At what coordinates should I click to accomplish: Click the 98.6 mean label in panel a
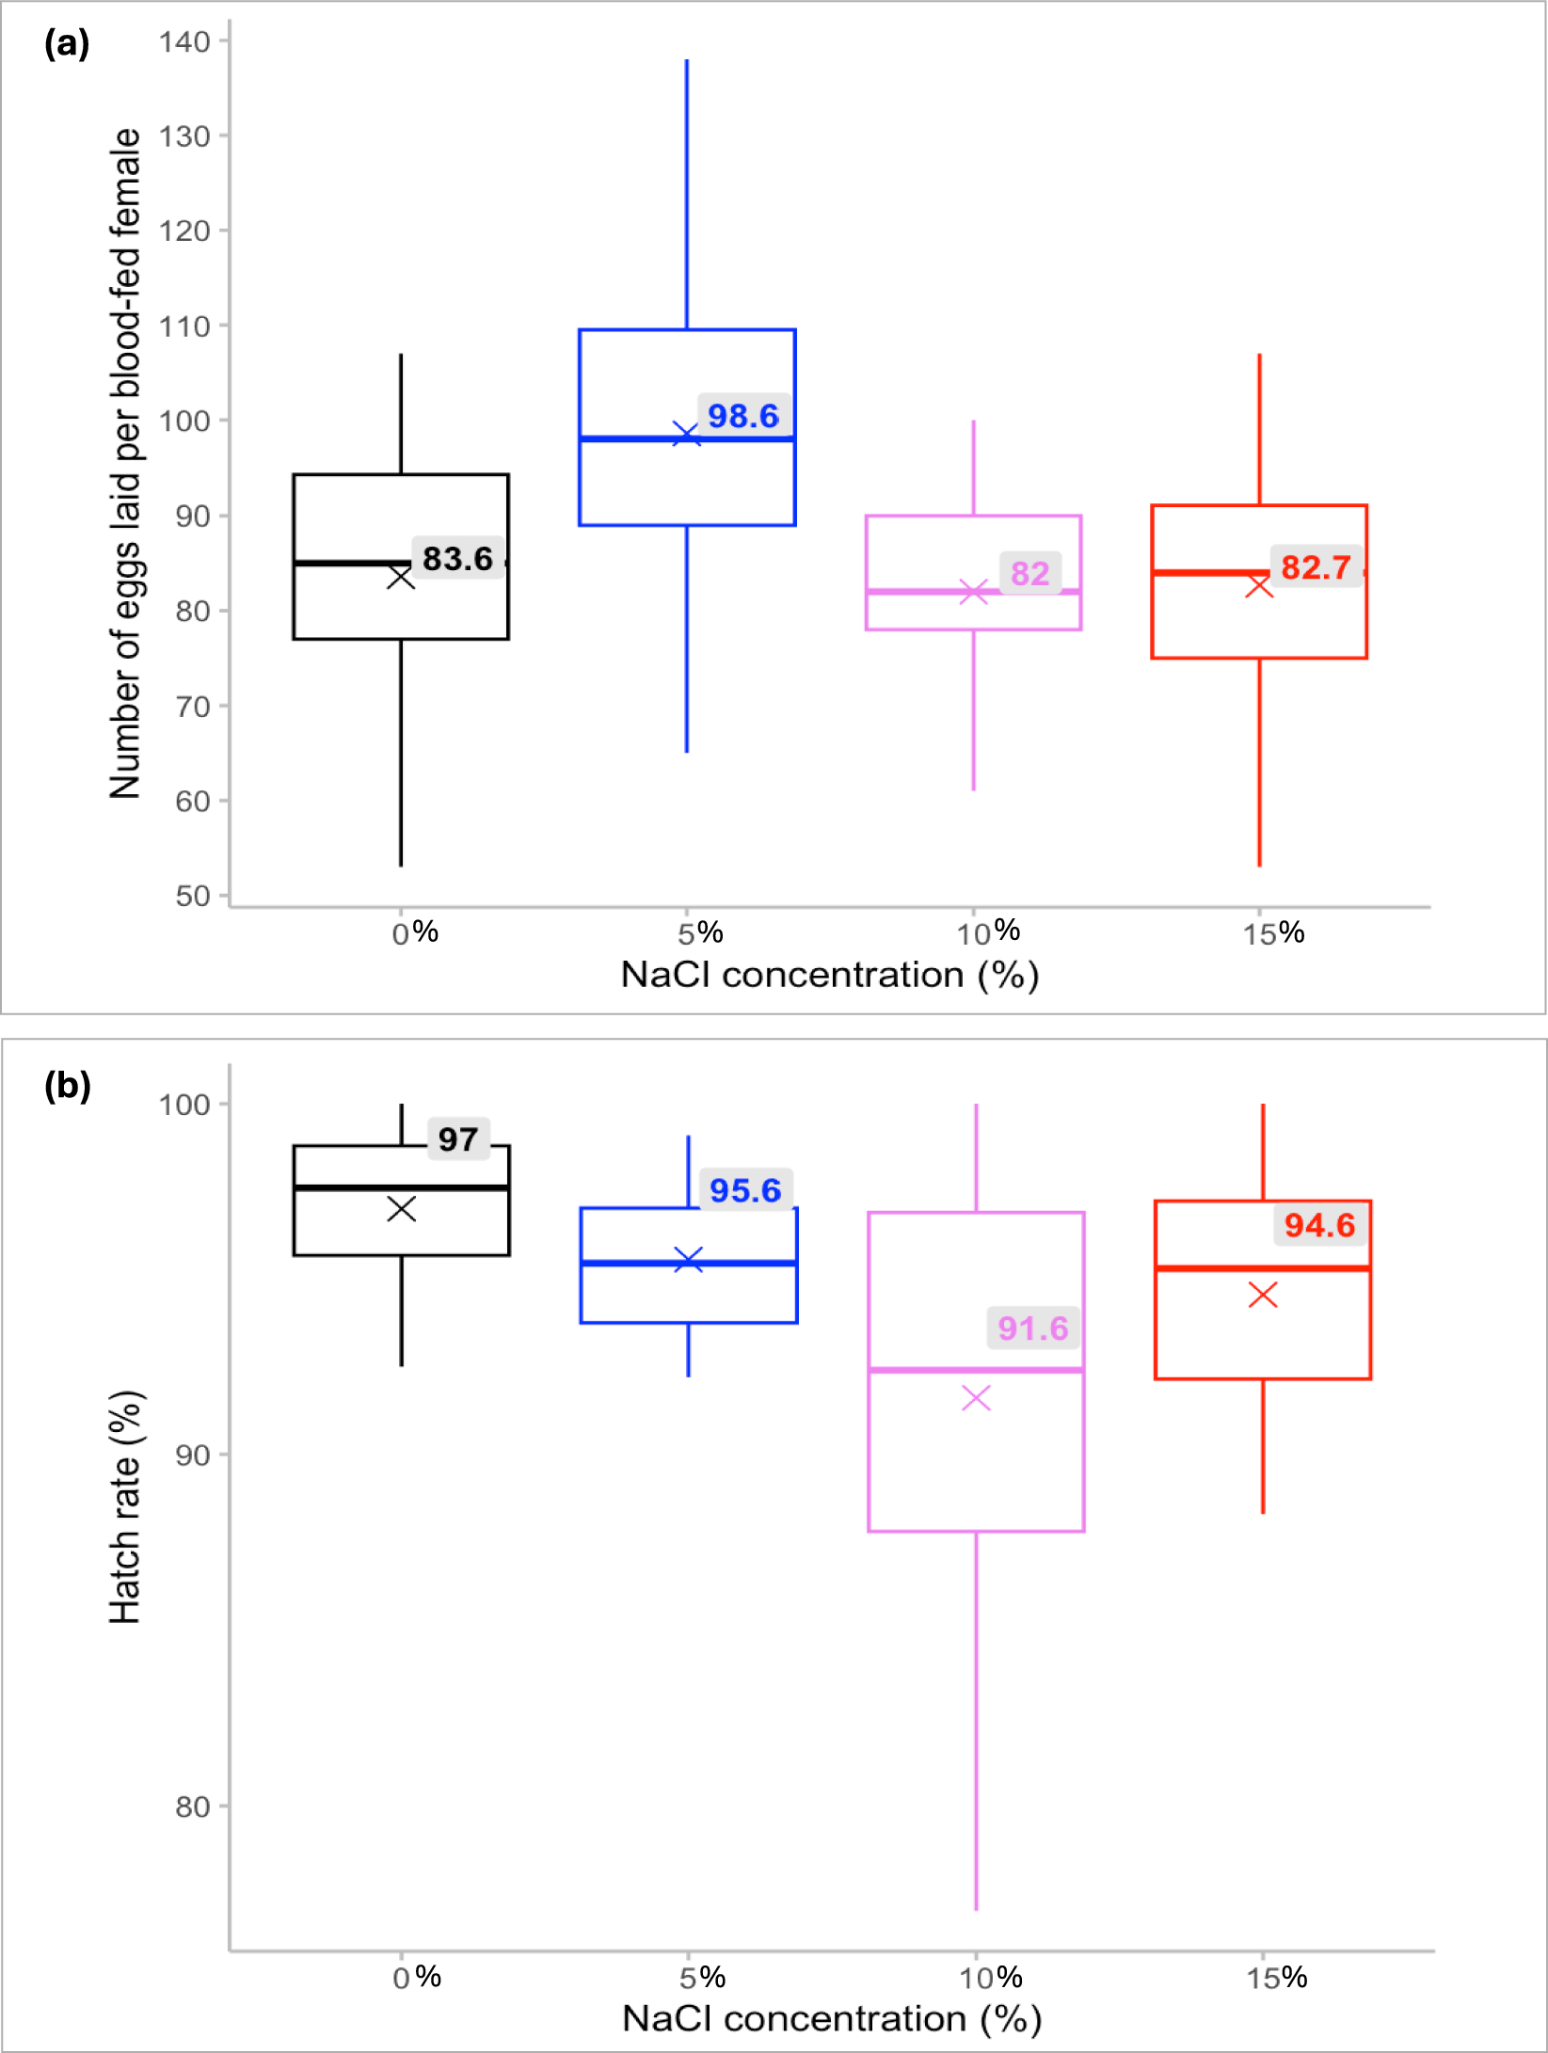coord(742,415)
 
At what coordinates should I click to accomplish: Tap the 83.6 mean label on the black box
coord(457,558)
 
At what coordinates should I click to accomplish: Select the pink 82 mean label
coord(1029,572)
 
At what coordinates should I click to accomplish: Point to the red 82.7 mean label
coord(1316,566)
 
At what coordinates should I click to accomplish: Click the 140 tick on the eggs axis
coord(184,41)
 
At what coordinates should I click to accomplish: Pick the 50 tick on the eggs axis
coord(192,896)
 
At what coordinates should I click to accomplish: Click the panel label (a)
coord(67,43)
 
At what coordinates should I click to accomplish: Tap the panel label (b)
coord(67,1086)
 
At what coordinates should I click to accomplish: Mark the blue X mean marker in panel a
coord(686,434)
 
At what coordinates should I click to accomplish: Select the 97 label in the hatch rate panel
coord(458,1138)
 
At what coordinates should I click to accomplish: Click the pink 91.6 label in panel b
coord(1032,1328)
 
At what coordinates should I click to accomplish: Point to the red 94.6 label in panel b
coord(1319,1224)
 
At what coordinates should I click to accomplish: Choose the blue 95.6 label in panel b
coord(745,1189)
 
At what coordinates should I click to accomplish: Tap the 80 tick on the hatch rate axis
coord(192,1806)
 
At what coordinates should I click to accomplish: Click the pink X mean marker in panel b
coord(976,1398)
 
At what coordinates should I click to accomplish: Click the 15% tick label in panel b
coord(1276,1978)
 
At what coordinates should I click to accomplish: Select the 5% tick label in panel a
coord(700,933)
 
